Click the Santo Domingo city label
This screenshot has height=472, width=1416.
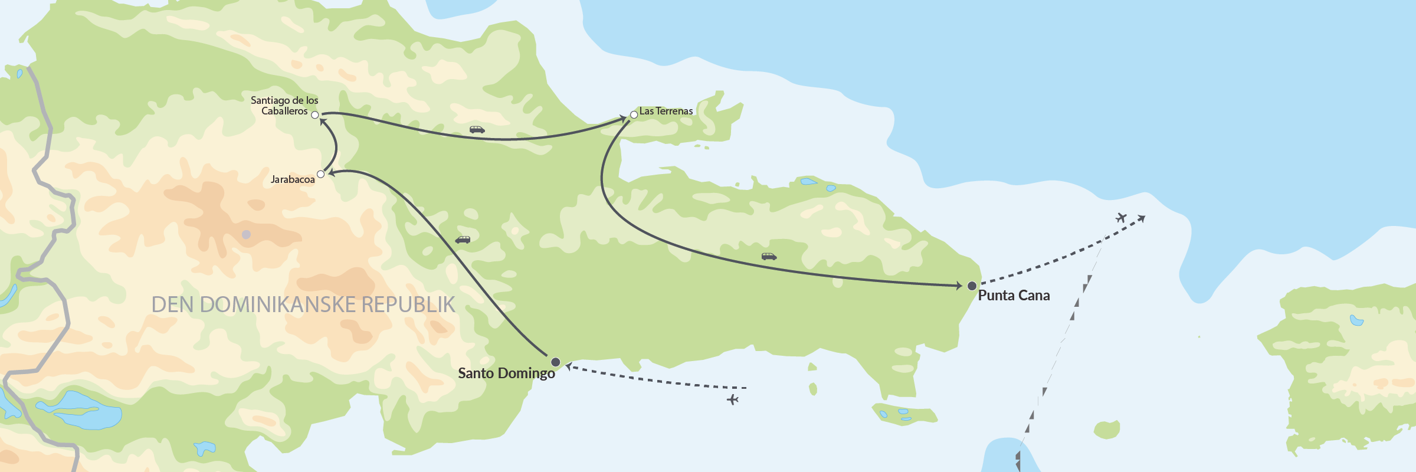tap(506, 373)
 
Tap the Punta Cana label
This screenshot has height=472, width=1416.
tap(1014, 296)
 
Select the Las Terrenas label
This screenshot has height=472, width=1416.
tap(666, 111)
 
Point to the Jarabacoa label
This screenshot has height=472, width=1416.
tap(293, 179)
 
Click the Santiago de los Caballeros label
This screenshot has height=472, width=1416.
tap(284, 106)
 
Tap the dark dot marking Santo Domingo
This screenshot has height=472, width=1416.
tap(555, 362)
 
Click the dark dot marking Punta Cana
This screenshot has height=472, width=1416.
tap(972, 286)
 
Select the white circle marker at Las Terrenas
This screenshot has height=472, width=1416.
tap(634, 114)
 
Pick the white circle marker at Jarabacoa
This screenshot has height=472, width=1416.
tap(321, 174)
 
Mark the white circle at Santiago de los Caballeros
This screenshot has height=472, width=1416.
tap(315, 115)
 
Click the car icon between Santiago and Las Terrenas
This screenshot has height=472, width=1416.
tap(477, 130)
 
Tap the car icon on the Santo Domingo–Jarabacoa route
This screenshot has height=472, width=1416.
tap(463, 240)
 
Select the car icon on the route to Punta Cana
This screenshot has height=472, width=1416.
tap(769, 257)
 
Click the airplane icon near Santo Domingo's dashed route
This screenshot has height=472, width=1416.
tap(733, 400)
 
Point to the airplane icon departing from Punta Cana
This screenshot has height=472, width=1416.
tap(1121, 218)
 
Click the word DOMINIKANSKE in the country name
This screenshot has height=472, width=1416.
tap(278, 304)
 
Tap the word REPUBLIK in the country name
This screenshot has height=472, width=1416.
tap(408, 304)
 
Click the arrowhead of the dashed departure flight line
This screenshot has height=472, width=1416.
tap(1142, 219)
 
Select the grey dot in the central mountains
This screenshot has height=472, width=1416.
tap(247, 234)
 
